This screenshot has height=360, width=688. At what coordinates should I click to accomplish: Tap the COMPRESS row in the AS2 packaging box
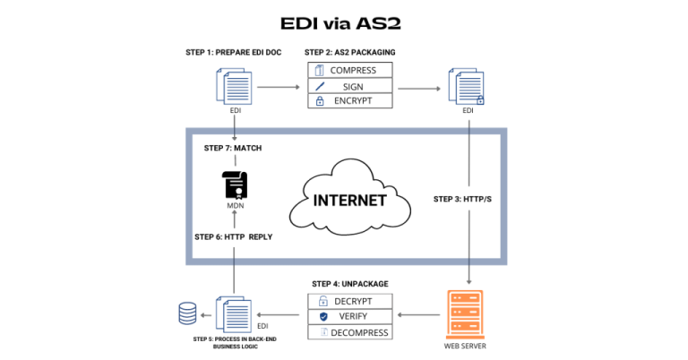click(351, 69)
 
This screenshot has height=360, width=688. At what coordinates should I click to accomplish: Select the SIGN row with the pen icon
click(351, 85)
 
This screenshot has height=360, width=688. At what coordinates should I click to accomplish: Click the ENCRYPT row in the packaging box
click(351, 101)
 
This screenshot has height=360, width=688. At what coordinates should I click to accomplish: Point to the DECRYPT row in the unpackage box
click(351, 300)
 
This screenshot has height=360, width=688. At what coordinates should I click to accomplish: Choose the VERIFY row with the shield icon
click(351, 316)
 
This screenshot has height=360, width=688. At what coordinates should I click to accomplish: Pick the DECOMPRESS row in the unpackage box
click(351, 332)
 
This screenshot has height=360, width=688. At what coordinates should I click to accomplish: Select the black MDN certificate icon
click(235, 184)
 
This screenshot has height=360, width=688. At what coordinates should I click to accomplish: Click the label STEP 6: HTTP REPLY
click(234, 236)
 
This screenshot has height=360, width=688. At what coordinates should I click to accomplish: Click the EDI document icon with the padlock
click(470, 88)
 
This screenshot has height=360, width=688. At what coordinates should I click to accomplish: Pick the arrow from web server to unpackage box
click(419, 315)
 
